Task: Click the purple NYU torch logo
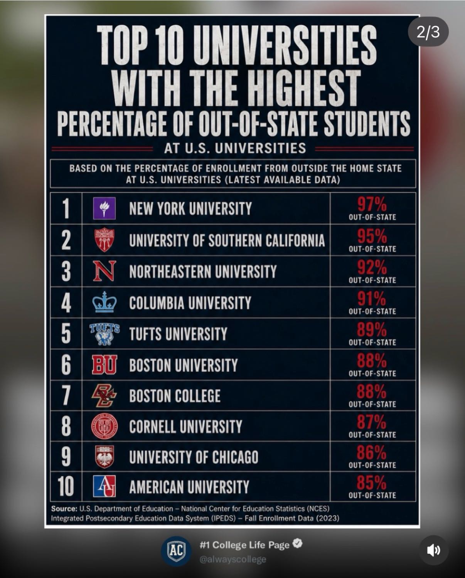pyautogui.click(x=104, y=208)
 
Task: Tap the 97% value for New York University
pyautogui.click(x=372, y=204)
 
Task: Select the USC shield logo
pyautogui.click(x=104, y=240)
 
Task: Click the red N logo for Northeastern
pyautogui.click(x=104, y=271)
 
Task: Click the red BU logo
pyautogui.click(x=104, y=365)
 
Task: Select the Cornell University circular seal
pyautogui.click(x=104, y=426)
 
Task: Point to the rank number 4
pyautogui.click(x=66, y=302)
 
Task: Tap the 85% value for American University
pyautogui.click(x=372, y=483)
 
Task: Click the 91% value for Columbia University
pyautogui.click(x=371, y=299)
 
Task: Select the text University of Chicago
pyautogui.click(x=194, y=457)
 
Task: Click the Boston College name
pyautogui.click(x=175, y=396)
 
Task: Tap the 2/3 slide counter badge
pyautogui.click(x=428, y=32)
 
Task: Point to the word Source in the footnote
pyautogui.click(x=64, y=509)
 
